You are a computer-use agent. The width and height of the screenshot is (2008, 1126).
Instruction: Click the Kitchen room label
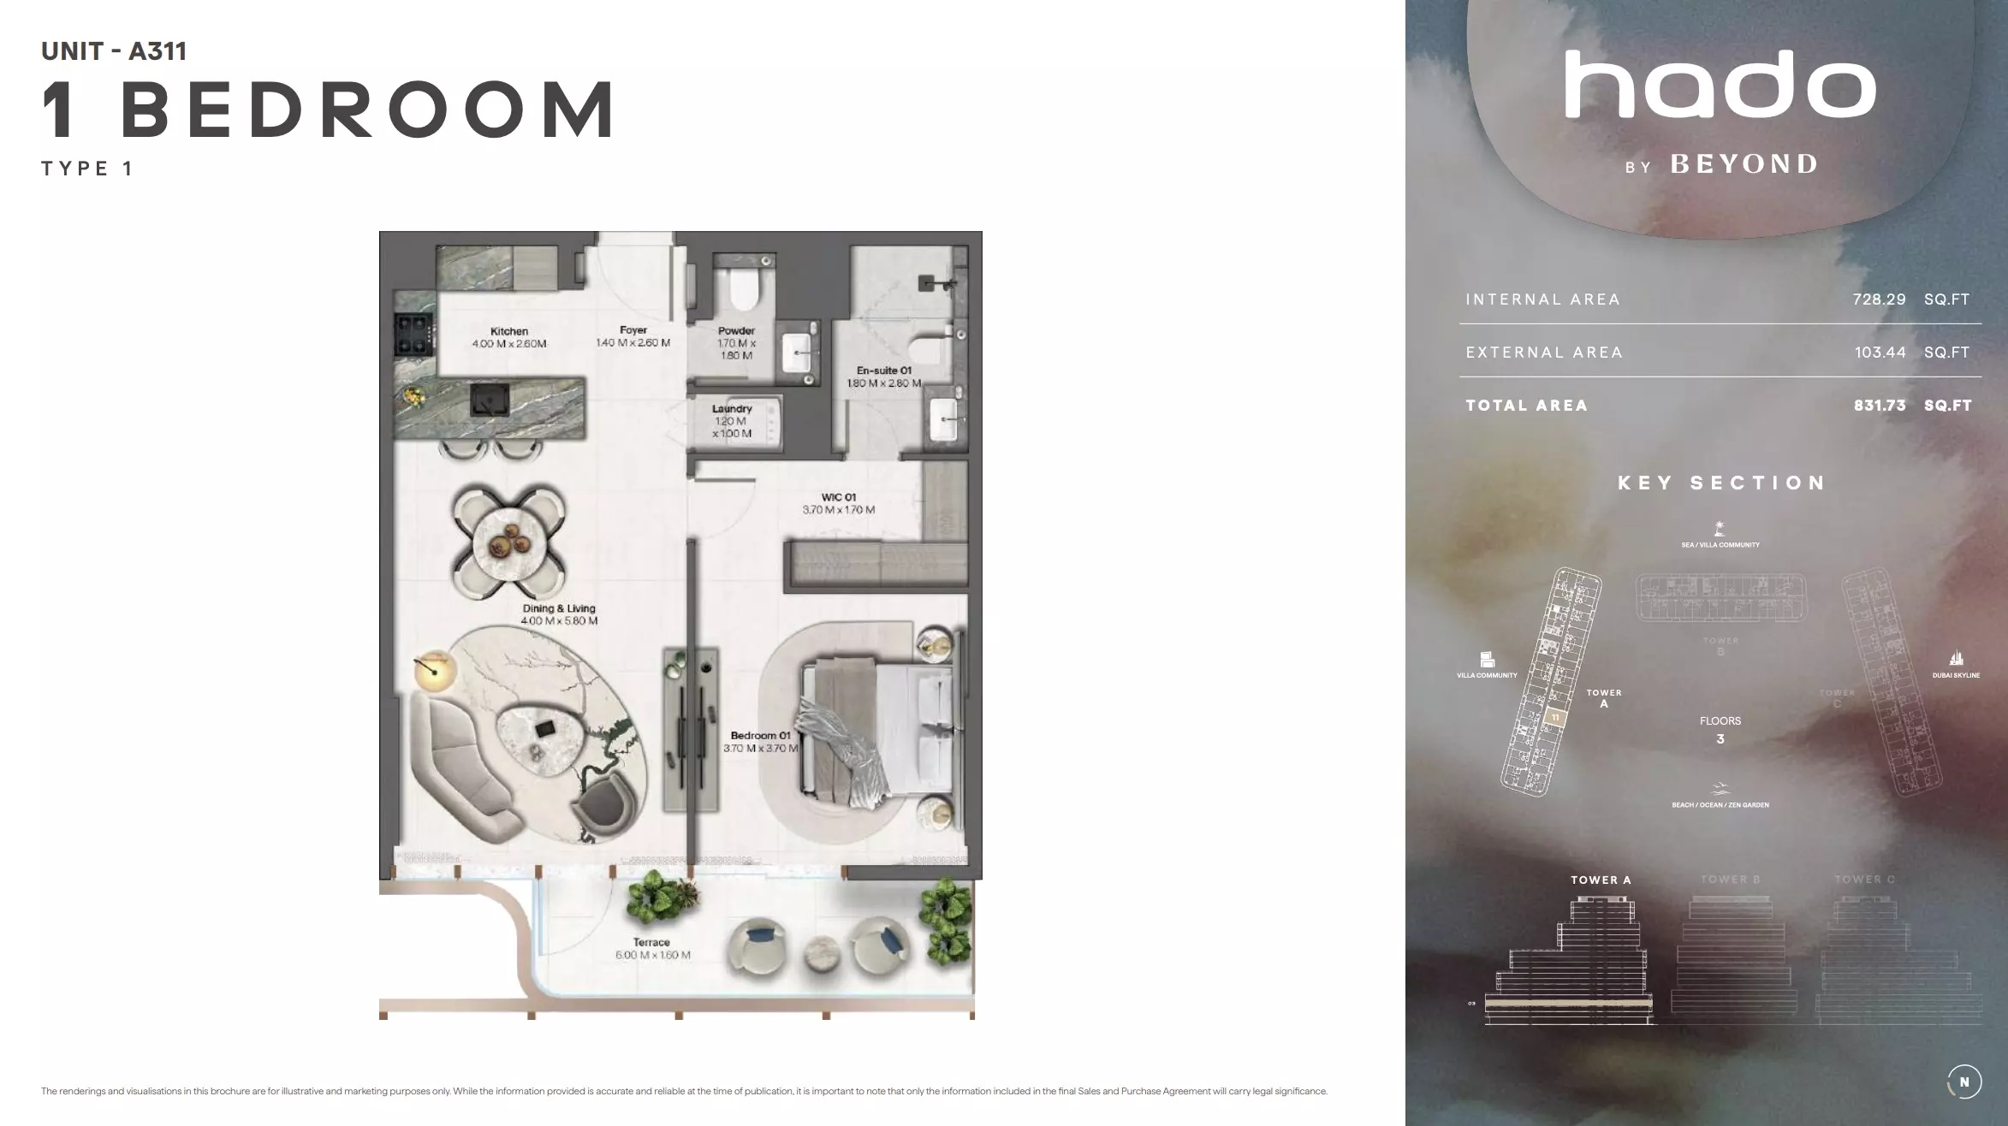pos(509,331)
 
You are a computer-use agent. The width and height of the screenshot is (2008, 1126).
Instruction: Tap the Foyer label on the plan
pos(633,330)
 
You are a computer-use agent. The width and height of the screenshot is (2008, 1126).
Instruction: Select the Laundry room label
pos(732,409)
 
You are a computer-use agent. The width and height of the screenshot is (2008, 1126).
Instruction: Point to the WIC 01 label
pos(839,497)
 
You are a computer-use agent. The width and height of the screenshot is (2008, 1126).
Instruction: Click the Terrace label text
pos(651,942)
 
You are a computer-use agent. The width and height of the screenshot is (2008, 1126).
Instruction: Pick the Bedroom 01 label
pos(760,736)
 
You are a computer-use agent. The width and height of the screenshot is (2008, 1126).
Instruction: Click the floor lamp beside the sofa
pos(433,670)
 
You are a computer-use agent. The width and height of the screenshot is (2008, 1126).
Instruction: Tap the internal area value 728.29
pos(1879,299)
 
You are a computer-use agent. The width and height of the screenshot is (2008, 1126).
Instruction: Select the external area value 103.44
pos(1880,353)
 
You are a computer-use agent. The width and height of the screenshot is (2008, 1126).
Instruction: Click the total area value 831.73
pos(1880,406)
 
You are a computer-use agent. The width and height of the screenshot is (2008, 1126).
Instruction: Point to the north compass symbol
pos(1964,1082)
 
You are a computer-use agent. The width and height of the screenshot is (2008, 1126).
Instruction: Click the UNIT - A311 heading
pos(114,51)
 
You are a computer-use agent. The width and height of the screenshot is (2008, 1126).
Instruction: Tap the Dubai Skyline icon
pos(1956,659)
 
